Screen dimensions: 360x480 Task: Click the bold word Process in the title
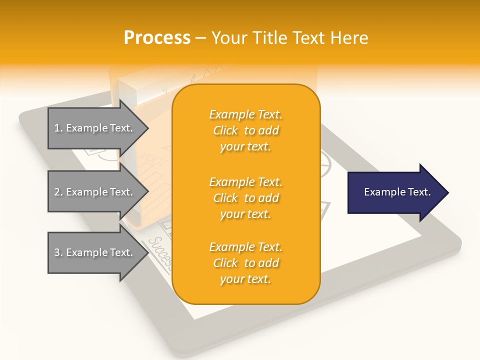coord(157,38)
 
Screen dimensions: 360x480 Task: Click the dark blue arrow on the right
coord(395,192)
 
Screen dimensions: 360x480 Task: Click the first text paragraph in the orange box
coord(245,130)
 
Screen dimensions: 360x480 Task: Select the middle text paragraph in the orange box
coord(245,198)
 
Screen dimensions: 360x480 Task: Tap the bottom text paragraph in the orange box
coord(245,263)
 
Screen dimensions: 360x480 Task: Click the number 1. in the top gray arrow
coord(58,128)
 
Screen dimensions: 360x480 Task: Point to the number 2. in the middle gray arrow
coord(58,192)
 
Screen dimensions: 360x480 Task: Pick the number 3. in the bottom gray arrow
coord(58,252)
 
